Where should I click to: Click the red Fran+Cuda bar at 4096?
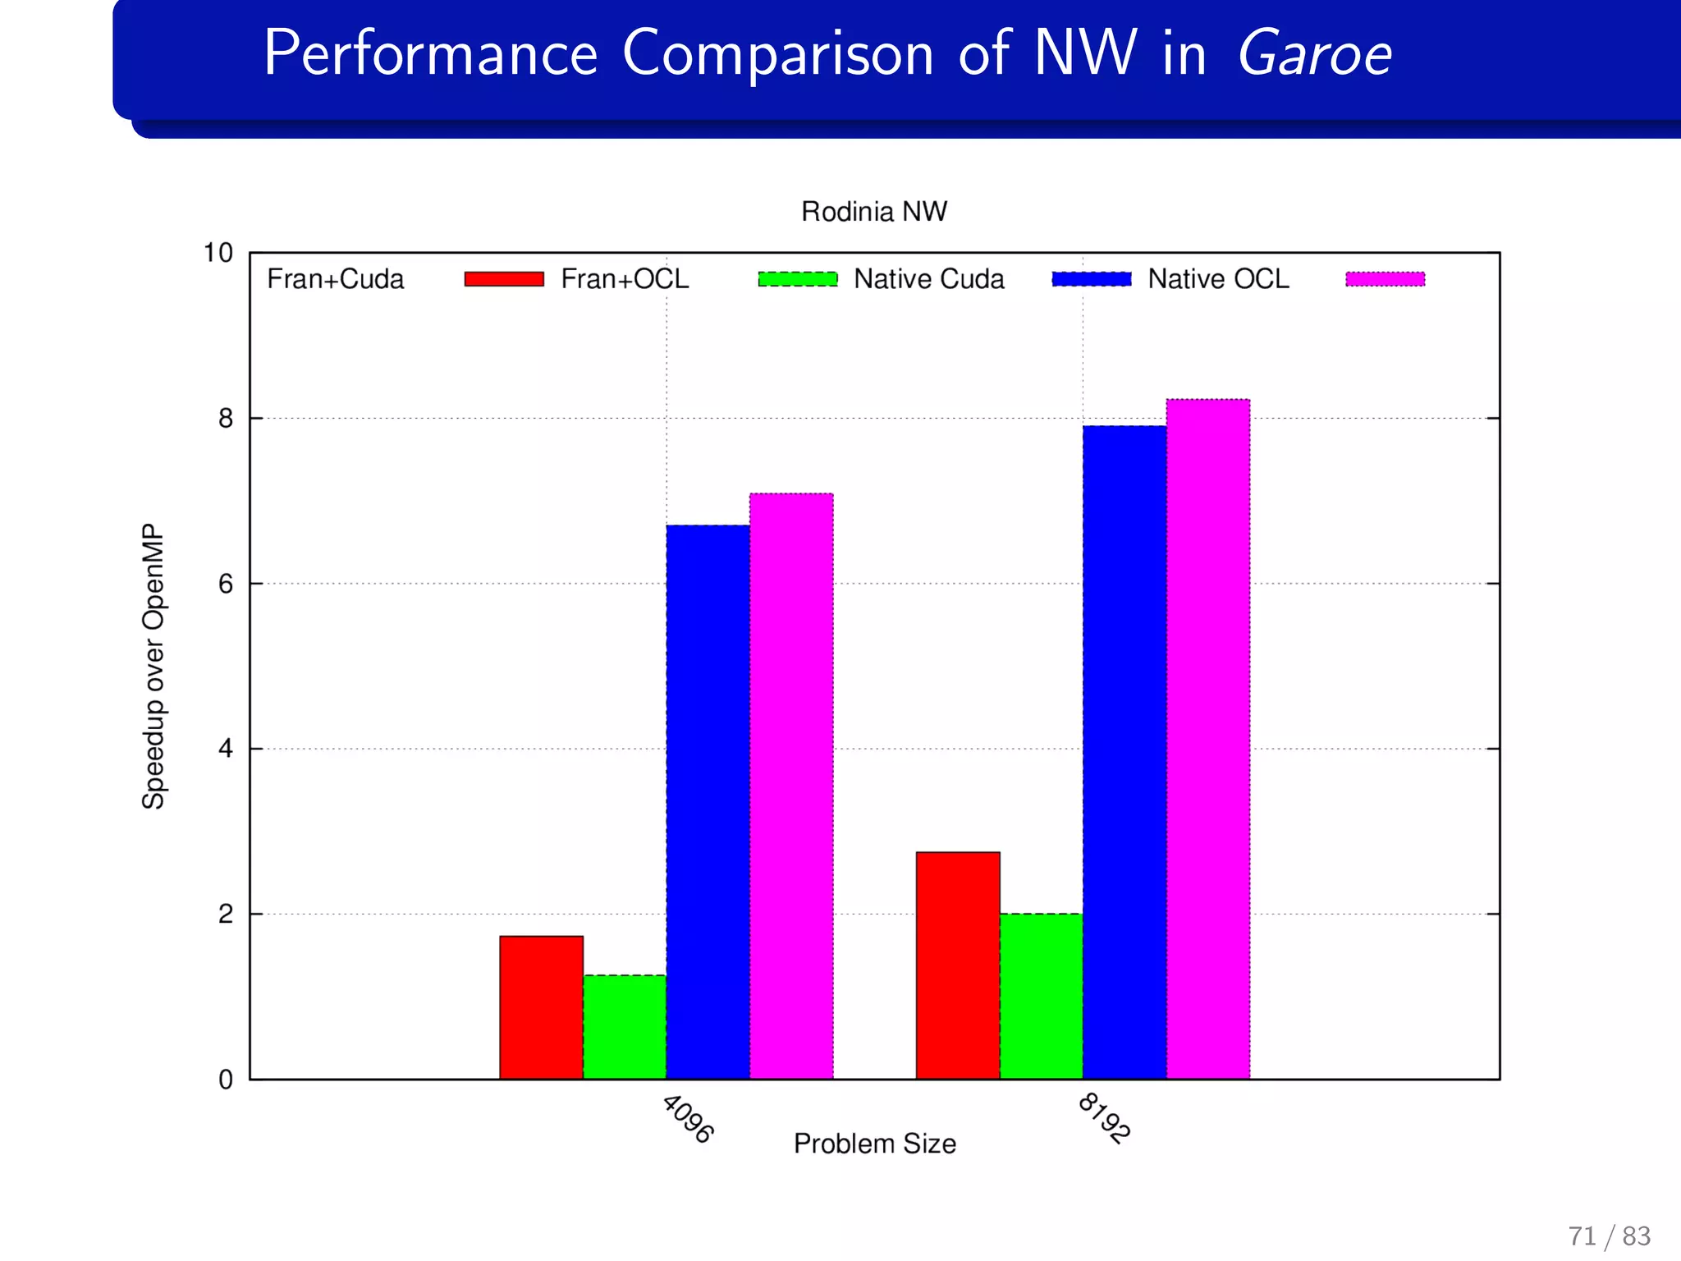click(541, 1007)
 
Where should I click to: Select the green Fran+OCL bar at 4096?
click(625, 1027)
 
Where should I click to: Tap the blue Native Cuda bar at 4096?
click(708, 802)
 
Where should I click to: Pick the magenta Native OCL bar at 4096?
click(791, 786)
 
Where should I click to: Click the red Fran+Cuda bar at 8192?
click(958, 965)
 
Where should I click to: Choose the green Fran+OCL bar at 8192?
click(1041, 996)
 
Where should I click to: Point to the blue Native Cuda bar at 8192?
click(1124, 752)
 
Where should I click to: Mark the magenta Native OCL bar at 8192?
click(1208, 739)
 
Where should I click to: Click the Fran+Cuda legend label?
click(335, 279)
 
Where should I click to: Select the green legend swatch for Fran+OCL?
click(798, 279)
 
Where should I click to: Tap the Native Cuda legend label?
click(928, 279)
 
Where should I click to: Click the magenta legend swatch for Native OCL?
click(1385, 279)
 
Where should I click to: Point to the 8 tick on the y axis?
click(226, 420)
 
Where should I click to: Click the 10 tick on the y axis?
click(218, 253)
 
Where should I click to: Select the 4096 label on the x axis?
click(688, 1119)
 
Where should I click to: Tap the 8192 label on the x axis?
click(1104, 1118)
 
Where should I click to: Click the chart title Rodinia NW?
click(873, 212)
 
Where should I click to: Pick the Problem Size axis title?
click(874, 1144)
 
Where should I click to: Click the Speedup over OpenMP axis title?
click(153, 666)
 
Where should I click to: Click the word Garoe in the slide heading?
click(1314, 54)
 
